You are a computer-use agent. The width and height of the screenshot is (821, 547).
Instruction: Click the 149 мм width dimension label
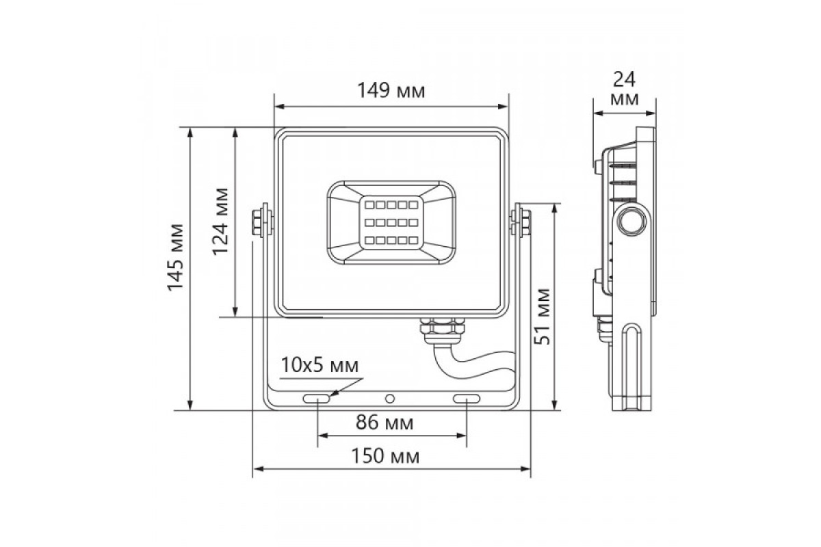coord(391,90)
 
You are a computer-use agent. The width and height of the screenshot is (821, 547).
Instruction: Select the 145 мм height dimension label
coord(175,258)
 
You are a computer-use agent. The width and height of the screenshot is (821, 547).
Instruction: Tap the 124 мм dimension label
coord(220,222)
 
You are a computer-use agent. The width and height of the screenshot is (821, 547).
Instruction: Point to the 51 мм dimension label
coord(543,317)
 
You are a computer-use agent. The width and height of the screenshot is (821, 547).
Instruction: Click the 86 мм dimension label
coord(385,423)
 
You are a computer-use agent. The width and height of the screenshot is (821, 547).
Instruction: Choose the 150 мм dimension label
coord(385,456)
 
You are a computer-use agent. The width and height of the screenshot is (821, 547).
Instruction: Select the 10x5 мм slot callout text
coord(320,365)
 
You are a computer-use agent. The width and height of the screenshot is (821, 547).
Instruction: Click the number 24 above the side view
coord(624,79)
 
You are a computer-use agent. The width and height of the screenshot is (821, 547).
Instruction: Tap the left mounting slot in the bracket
coord(316,399)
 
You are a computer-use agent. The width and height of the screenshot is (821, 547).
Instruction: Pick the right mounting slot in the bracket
coord(467,399)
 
